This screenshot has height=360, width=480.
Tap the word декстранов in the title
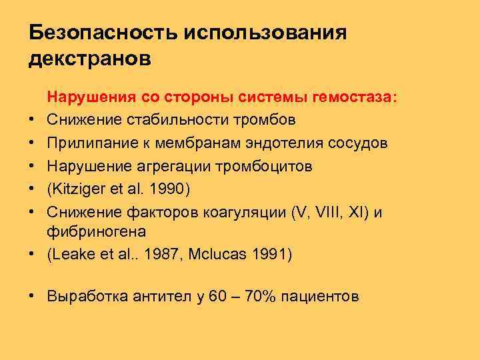tap(91, 59)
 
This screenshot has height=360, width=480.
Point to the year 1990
tap(168, 188)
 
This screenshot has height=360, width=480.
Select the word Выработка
tap(83, 296)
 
